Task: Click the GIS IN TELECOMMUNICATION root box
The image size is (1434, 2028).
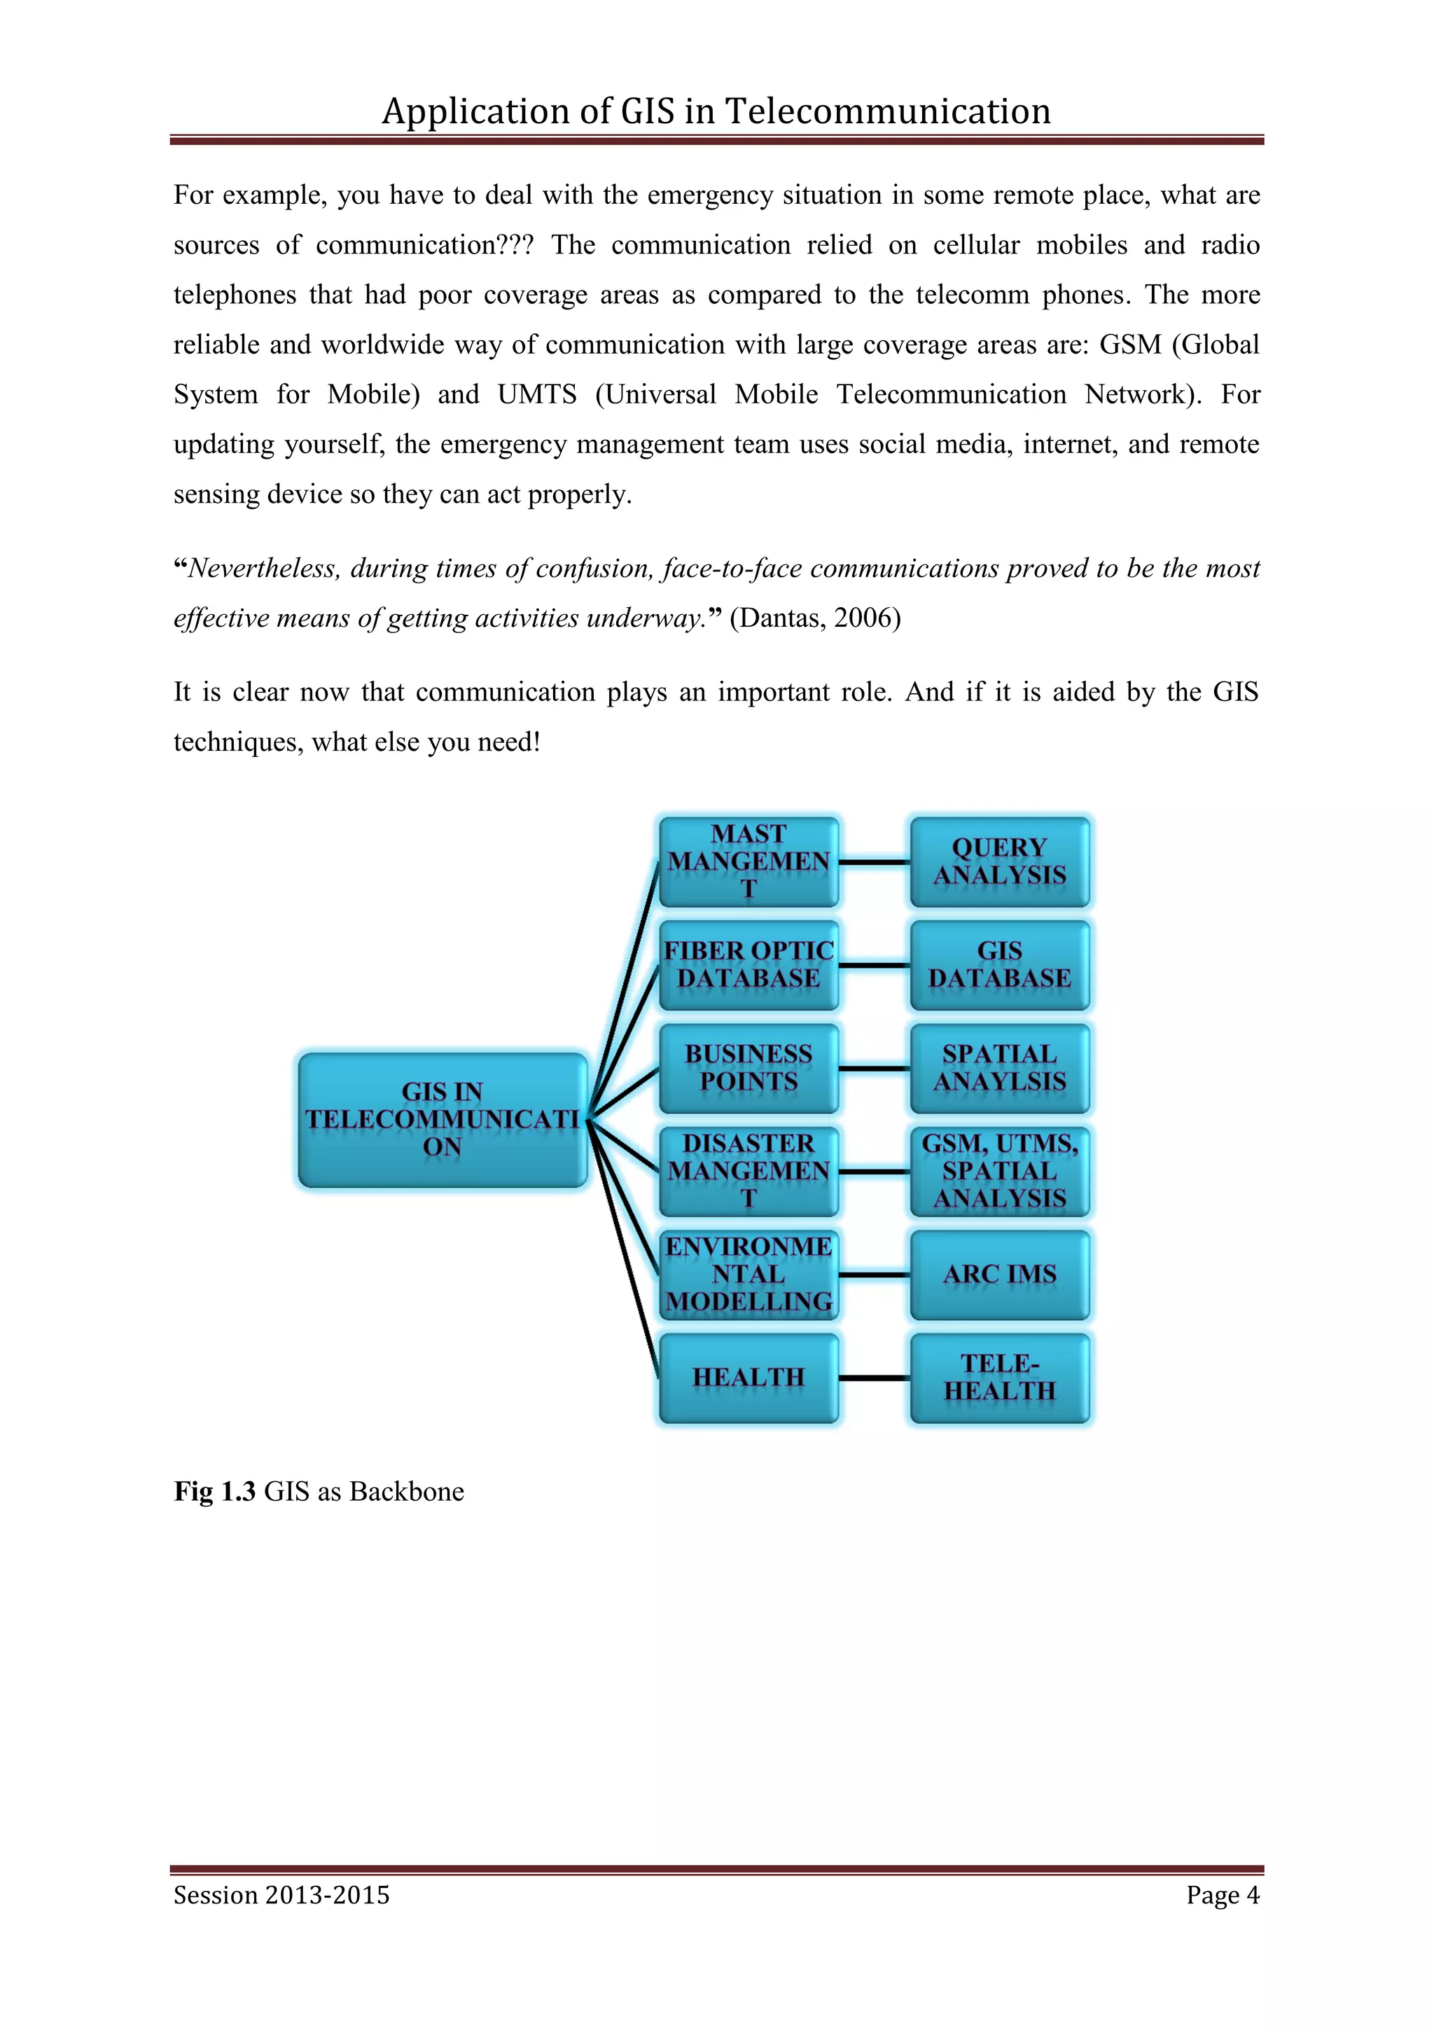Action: [x=443, y=1119]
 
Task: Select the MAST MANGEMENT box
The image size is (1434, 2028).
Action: [x=748, y=861]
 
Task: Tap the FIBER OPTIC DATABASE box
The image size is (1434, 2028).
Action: [x=748, y=964]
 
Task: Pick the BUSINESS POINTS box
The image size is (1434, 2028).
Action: [x=748, y=1068]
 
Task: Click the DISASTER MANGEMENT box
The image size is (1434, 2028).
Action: [x=748, y=1172]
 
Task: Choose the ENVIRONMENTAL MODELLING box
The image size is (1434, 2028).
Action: [x=748, y=1275]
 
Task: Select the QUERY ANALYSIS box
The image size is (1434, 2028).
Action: [x=1000, y=861]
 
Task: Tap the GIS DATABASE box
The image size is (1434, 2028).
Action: [x=1000, y=964]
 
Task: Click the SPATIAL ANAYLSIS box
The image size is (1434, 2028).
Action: [x=1000, y=1068]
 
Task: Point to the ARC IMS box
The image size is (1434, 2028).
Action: [x=1000, y=1275]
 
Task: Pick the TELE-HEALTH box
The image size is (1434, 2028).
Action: [x=1000, y=1378]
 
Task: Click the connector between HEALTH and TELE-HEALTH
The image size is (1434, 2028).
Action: [x=874, y=1378]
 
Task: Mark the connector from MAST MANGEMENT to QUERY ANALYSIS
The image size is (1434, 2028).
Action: [x=874, y=862]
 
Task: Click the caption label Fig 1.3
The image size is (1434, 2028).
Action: [x=214, y=1492]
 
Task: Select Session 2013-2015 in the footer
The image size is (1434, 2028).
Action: [x=281, y=1895]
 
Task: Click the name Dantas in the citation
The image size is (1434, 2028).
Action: [x=778, y=618]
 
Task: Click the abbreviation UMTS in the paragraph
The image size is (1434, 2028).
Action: [x=537, y=394]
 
